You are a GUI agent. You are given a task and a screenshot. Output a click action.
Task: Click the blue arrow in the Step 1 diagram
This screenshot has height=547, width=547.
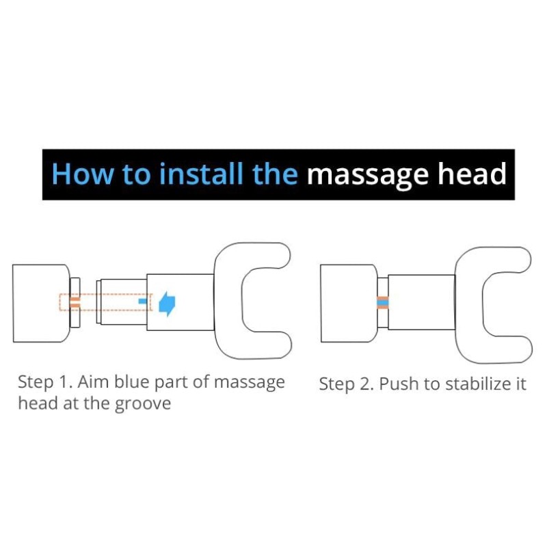coord(167,304)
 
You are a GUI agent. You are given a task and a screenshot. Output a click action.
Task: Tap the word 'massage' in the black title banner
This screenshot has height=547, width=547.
coord(368,175)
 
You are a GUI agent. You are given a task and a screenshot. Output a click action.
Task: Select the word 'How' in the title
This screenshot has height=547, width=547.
coord(83,174)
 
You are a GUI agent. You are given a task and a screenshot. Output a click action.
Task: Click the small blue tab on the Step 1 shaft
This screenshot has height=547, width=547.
coord(143,301)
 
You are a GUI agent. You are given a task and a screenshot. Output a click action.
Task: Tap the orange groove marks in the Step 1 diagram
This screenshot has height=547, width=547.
coord(75,302)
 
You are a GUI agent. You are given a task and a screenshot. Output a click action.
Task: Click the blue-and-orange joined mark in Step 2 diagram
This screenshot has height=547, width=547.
coord(383,302)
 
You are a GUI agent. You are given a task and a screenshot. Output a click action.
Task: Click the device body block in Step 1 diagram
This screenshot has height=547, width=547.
coord(41,303)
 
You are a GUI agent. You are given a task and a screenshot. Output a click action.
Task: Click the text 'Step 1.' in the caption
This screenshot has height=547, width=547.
coord(45,382)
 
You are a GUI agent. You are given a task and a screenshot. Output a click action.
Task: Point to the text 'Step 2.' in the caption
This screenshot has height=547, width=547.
coord(347,384)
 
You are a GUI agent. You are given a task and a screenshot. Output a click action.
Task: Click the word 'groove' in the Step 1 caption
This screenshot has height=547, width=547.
coord(143,404)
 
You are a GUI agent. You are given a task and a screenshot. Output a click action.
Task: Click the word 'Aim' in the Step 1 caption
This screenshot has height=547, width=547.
coord(94,382)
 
